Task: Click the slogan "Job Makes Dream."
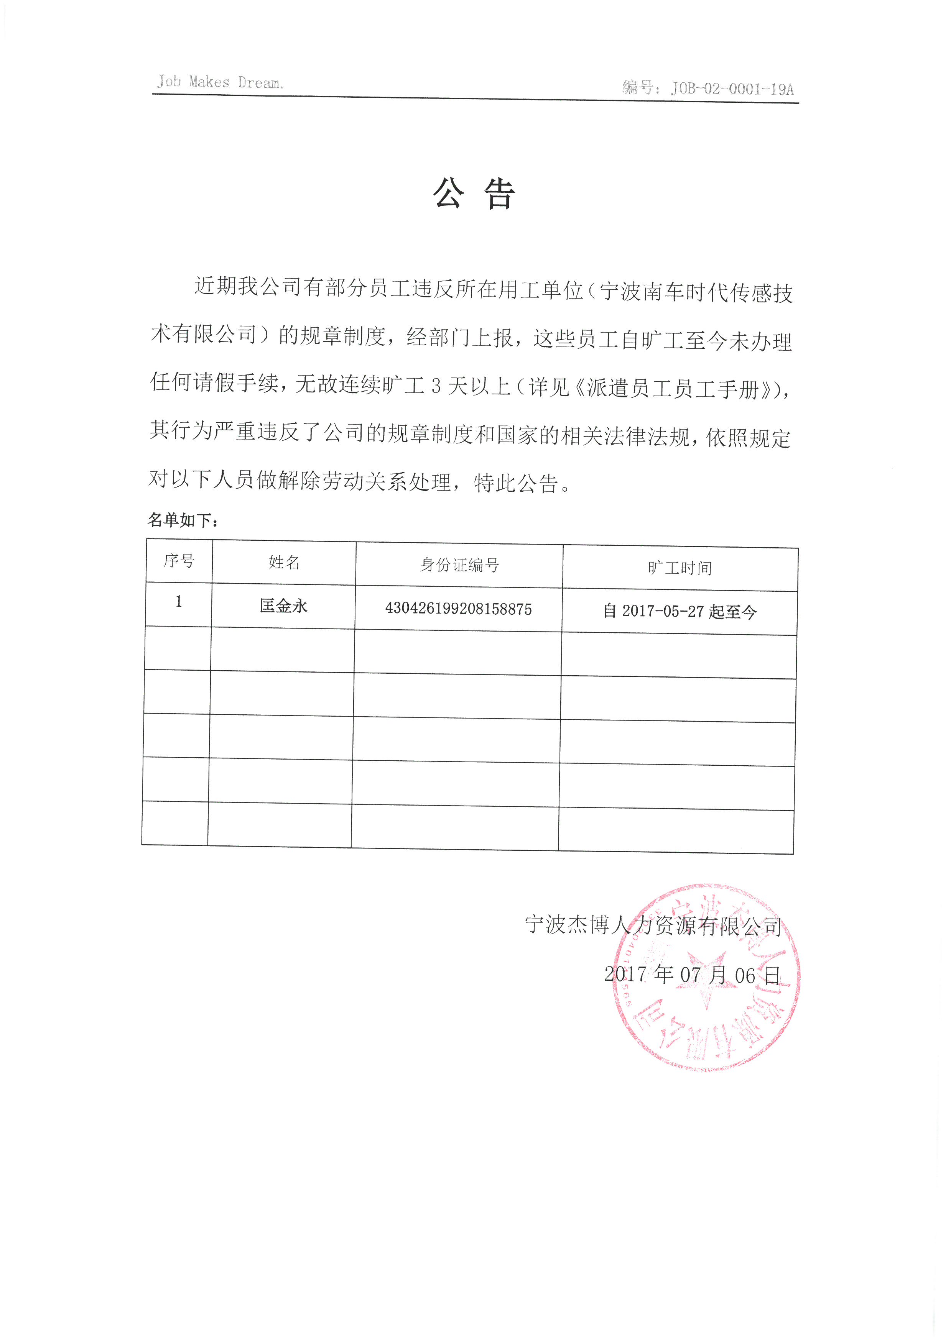pyautogui.click(x=220, y=82)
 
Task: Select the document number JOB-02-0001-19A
pyautogui.click(x=732, y=89)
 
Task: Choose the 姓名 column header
pyautogui.click(x=284, y=563)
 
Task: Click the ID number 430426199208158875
pyautogui.click(x=459, y=609)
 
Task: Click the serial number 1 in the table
pyautogui.click(x=179, y=602)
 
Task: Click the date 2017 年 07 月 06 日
pyautogui.click(x=692, y=975)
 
